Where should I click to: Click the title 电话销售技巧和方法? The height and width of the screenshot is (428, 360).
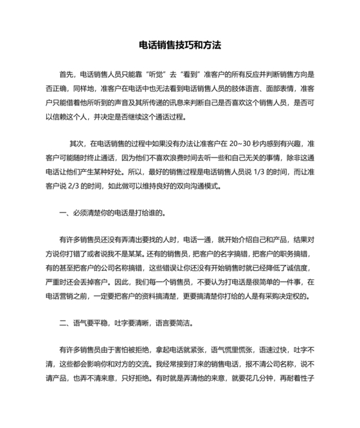pos(180,46)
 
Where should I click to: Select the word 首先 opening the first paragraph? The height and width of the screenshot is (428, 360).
pos(66,75)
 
